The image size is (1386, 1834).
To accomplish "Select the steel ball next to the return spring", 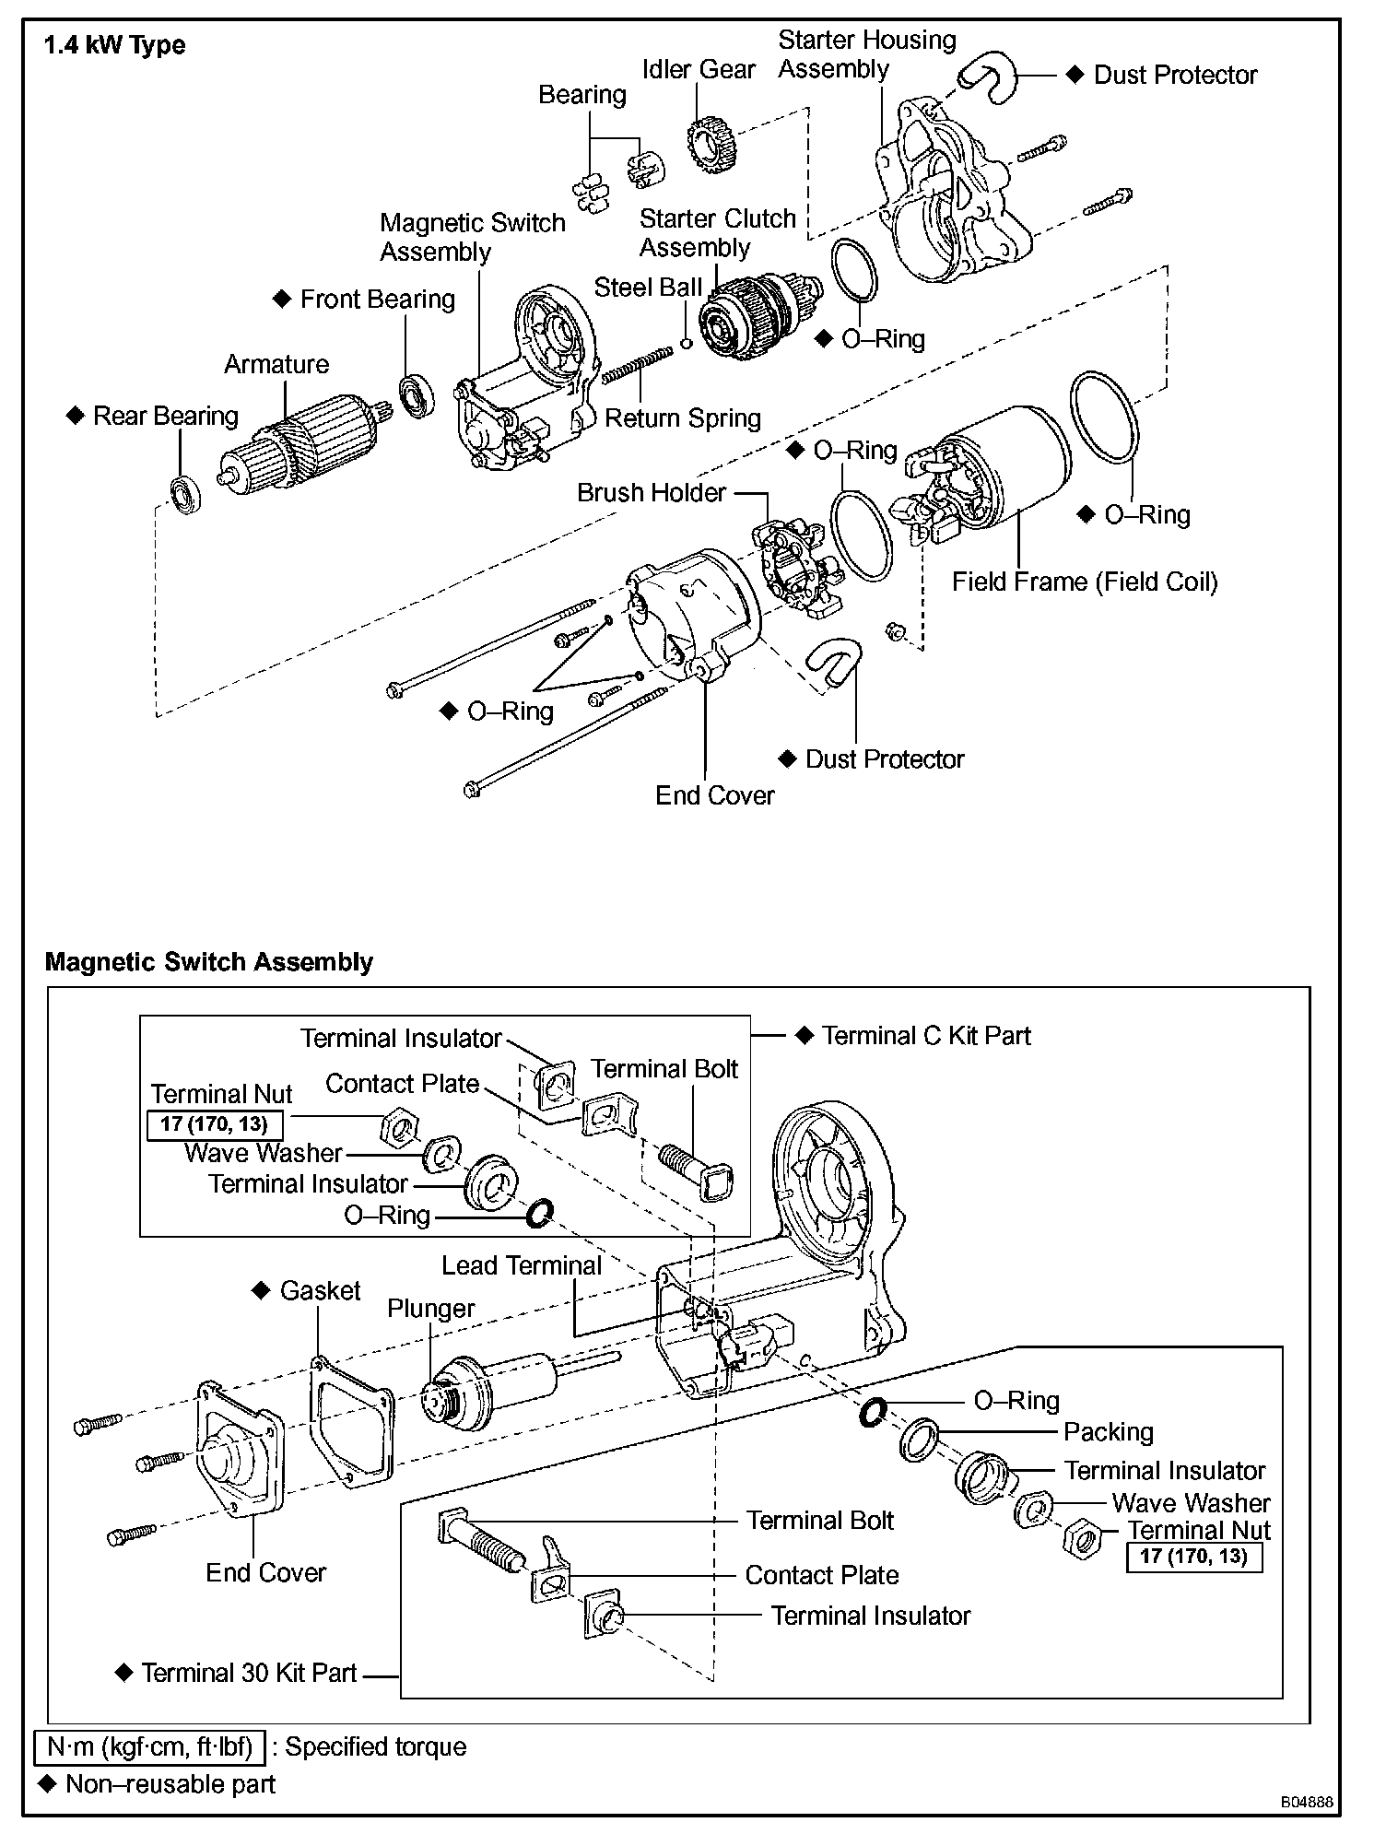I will click(686, 344).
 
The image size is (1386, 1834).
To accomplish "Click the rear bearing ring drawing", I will click(186, 494).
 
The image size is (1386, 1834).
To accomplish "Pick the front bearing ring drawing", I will click(417, 395).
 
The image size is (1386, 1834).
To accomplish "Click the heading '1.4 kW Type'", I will click(115, 45).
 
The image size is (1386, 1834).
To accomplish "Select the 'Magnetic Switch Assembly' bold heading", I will click(209, 962).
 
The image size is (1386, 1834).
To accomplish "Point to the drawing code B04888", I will click(1306, 1802).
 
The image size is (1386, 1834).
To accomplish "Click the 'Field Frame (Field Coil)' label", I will click(1085, 582).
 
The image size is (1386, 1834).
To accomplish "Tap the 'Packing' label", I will click(1109, 1432).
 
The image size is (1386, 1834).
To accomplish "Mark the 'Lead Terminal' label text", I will click(522, 1265).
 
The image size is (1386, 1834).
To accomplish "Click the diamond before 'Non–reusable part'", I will click(47, 1784).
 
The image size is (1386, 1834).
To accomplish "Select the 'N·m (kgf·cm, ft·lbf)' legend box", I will click(148, 1746).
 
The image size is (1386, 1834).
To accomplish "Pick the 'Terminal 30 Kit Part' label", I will click(249, 1673).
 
